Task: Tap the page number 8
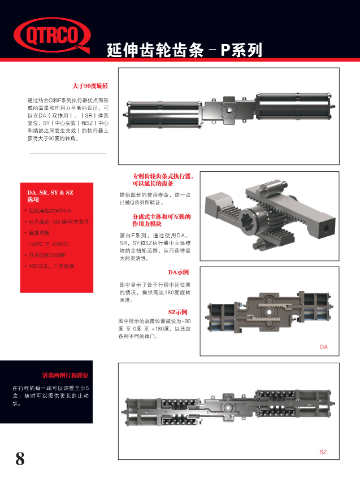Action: point(20,458)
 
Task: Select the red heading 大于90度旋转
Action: point(90,86)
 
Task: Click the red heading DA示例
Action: point(178,272)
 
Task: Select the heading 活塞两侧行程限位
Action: point(66,375)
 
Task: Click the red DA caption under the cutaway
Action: point(323,347)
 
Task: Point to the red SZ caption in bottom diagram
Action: point(323,453)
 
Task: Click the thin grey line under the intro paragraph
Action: point(68,153)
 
